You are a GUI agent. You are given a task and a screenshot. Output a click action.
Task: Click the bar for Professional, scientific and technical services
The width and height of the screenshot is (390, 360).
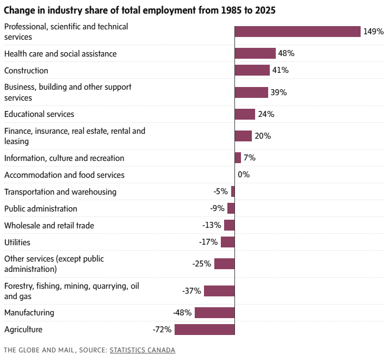pyautogui.click(x=298, y=32)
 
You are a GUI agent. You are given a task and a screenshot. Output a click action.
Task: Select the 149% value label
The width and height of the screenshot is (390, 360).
pyautogui.click(x=374, y=32)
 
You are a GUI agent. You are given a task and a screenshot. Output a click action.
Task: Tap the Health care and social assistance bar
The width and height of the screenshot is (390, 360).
pyautogui.click(x=255, y=53)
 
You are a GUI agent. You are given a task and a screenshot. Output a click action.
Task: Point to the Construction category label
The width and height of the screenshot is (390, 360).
pyautogui.click(x=26, y=71)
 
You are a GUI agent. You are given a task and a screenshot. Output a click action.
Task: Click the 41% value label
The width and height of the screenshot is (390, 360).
pyautogui.click(x=281, y=70)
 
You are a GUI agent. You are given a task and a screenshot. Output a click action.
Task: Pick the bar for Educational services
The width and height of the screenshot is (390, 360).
pyautogui.click(x=245, y=114)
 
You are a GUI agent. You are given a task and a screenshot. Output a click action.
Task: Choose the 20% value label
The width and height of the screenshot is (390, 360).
pyautogui.click(x=263, y=136)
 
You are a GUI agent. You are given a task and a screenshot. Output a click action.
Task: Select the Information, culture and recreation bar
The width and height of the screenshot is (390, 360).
pyautogui.click(x=238, y=158)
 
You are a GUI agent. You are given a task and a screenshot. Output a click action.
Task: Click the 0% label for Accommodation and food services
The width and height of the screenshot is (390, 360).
pyautogui.click(x=244, y=175)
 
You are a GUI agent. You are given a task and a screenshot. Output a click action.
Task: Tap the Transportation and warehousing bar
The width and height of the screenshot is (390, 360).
pyautogui.click(x=233, y=191)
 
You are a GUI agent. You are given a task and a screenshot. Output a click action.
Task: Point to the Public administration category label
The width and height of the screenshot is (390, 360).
pyautogui.click(x=41, y=209)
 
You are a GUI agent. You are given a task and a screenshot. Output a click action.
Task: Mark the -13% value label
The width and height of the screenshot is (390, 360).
pyautogui.click(x=212, y=225)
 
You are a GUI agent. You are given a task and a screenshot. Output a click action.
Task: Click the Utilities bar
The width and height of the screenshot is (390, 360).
pyautogui.click(x=228, y=242)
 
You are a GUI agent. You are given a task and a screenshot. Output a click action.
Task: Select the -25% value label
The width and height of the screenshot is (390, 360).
pyautogui.click(x=201, y=264)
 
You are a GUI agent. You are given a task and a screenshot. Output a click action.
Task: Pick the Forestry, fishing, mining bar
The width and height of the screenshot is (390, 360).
pyautogui.click(x=219, y=291)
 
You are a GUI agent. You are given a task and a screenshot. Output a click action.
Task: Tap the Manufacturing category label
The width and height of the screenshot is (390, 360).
pyautogui.click(x=29, y=313)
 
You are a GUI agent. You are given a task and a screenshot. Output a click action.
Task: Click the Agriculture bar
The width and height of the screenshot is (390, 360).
pyautogui.click(x=205, y=330)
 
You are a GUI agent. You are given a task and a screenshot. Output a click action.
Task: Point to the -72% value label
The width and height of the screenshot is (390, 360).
pyautogui.click(x=162, y=330)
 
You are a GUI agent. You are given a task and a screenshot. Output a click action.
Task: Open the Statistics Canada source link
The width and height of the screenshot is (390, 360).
pyautogui.click(x=143, y=350)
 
